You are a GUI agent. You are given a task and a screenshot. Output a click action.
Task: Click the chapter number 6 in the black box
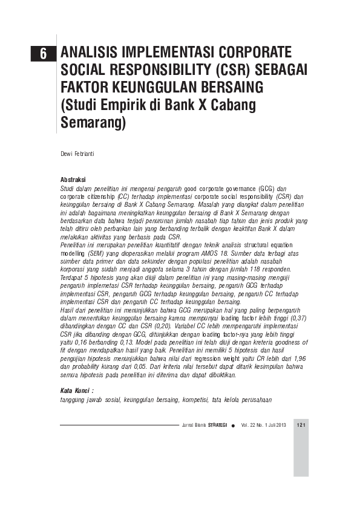[44, 53]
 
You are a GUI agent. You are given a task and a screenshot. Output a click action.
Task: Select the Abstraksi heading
[73, 180]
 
